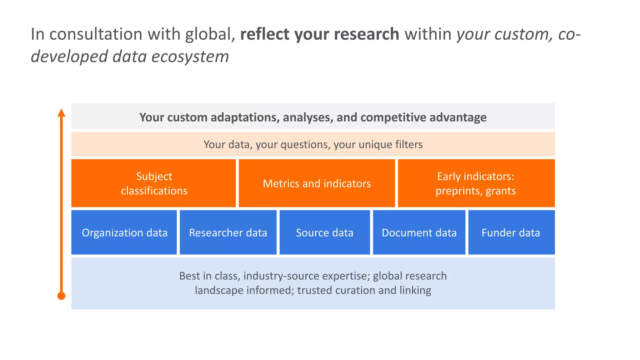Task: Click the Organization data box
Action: click(124, 232)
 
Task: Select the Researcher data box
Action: click(228, 232)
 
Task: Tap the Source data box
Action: click(324, 232)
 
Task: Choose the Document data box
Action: click(419, 232)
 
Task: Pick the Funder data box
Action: click(511, 232)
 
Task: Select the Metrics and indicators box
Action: click(317, 183)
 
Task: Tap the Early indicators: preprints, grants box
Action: click(476, 183)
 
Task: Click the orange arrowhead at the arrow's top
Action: click(62, 113)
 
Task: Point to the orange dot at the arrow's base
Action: click(62, 296)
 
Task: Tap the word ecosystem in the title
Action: click(190, 57)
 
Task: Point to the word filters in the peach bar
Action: click(408, 144)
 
